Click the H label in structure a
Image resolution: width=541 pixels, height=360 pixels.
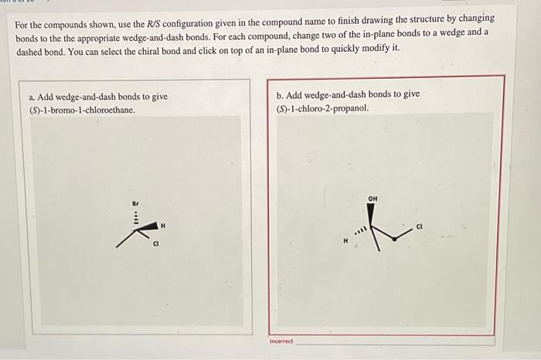162,226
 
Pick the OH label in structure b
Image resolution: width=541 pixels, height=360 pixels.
373,199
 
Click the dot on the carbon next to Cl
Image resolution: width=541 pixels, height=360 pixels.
394,239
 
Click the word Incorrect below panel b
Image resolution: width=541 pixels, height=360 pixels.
282,341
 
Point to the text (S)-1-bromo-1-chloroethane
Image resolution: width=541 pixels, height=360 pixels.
81,110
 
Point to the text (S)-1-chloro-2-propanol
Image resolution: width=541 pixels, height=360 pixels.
322,107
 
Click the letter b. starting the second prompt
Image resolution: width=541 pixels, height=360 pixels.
280,94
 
